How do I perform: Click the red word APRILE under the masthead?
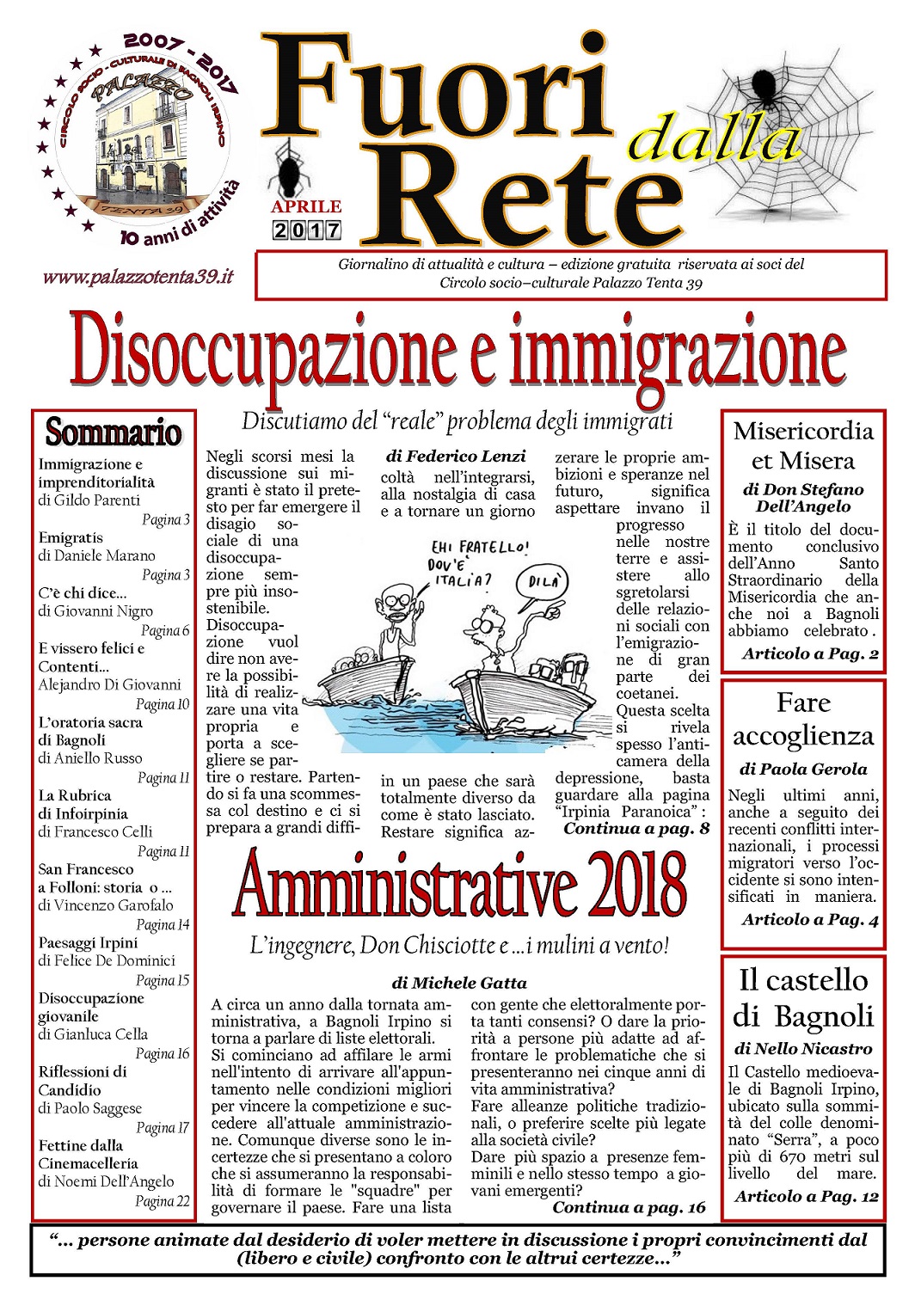coord(306,207)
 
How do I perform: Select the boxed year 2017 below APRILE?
coord(307,230)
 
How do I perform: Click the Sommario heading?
coord(114,432)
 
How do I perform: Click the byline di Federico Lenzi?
coord(456,456)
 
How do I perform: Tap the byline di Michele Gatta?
coord(459,983)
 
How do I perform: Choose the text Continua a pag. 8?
coord(636,829)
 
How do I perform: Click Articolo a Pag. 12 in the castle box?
coord(806,1196)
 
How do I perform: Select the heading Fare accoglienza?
coord(802,719)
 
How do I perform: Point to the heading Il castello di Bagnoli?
coord(802,997)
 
